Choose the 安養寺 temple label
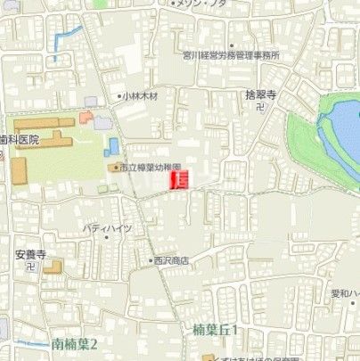(29, 253)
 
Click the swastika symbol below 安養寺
(29, 266)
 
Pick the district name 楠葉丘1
(217, 330)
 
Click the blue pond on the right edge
(343, 134)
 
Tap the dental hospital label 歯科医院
(19, 140)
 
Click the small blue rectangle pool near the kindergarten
(114, 144)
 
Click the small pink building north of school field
(85, 117)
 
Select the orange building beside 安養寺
(53, 266)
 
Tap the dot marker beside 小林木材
(119, 95)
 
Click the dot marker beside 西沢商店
(151, 260)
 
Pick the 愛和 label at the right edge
(345, 292)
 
